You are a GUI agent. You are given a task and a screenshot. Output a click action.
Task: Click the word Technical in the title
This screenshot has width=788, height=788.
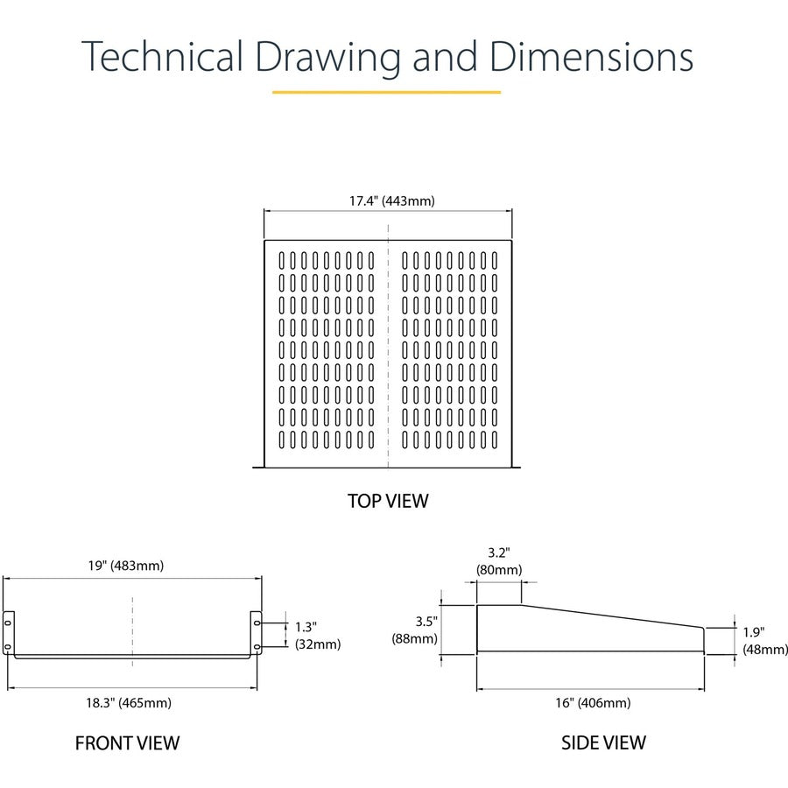pyautogui.click(x=163, y=57)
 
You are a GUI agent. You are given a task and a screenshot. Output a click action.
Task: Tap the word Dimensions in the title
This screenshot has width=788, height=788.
pyautogui.click(x=591, y=57)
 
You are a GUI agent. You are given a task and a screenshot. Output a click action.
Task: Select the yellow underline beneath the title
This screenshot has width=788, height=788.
pyautogui.click(x=386, y=91)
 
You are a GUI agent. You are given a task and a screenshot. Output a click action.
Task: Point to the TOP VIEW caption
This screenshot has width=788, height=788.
pyautogui.click(x=388, y=501)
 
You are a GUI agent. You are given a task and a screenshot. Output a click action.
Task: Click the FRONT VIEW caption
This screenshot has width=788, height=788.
pyautogui.click(x=127, y=743)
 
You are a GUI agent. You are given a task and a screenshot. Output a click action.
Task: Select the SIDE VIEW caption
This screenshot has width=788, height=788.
pyautogui.click(x=603, y=742)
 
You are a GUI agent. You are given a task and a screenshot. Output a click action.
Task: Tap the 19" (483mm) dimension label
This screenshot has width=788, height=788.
pyautogui.click(x=125, y=566)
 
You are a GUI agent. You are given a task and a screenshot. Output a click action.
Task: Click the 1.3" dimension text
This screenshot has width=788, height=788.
pyautogui.click(x=306, y=627)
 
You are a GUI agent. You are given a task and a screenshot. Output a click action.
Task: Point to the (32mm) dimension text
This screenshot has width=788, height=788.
pyautogui.click(x=317, y=644)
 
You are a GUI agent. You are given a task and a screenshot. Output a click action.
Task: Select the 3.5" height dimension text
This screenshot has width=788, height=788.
pyautogui.click(x=426, y=622)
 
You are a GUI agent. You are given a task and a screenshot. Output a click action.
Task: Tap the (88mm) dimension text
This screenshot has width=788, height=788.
pyautogui.click(x=414, y=638)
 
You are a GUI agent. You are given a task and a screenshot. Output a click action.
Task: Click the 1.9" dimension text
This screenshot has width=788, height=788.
pyautogui.click(x=754, y=631)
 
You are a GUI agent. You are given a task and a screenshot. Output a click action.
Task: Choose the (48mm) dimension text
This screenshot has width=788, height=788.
pyautogui.click(x=765, y=649)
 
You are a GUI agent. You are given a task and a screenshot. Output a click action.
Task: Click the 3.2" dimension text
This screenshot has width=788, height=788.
pyautogui.click(x=499, y=552)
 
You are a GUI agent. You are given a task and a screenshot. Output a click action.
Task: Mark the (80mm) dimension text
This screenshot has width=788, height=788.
pyautogui.click(x=499, y=569)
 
